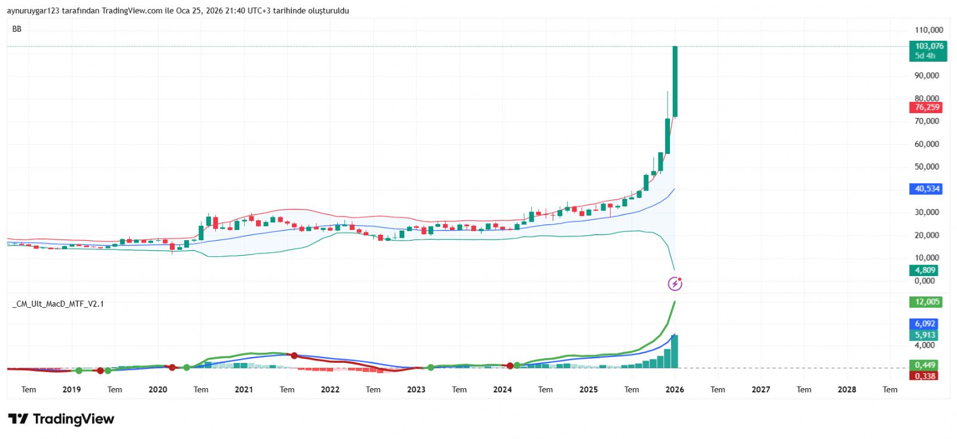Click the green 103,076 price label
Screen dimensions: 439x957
(x=929, y=46)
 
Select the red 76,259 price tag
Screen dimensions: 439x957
(x=927, y=107)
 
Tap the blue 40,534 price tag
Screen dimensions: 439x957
(x=927, y=189)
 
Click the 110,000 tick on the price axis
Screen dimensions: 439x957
(x=928, y=30)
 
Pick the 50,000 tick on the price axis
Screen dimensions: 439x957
(x=926, y=166)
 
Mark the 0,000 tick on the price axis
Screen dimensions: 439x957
(x=925, y=280)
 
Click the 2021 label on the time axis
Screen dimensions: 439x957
(x=243, y=389)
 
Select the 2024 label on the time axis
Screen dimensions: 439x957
(x=502, y=389)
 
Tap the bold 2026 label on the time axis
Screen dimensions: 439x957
(x=675, y=389)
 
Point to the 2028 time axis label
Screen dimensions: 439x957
(x=847, y=389)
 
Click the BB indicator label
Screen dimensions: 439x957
(x=17, y=29)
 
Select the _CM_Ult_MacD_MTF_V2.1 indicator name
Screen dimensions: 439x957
(x=58, y=304)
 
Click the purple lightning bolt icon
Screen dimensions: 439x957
(x=675, y=283)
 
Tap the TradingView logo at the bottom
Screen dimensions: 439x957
(x=61, y=419)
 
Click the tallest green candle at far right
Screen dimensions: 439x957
(x=675, y=81)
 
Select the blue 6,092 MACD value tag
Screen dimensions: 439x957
(x=925, y=323)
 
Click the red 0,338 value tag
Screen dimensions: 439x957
(x=925, y=376)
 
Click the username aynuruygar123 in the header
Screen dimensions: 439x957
(x=33, y=11)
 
